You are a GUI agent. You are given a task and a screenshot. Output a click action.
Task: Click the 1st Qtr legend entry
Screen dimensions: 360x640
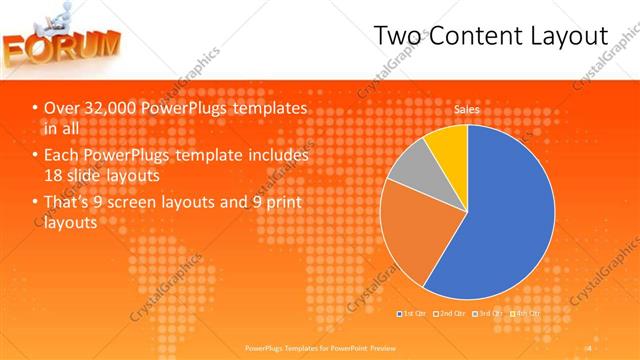(415, 314)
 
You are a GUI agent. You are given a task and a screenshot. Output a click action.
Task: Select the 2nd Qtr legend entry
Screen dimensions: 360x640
(450, 314)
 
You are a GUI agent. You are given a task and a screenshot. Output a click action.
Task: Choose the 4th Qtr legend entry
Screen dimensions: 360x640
(525, 314)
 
